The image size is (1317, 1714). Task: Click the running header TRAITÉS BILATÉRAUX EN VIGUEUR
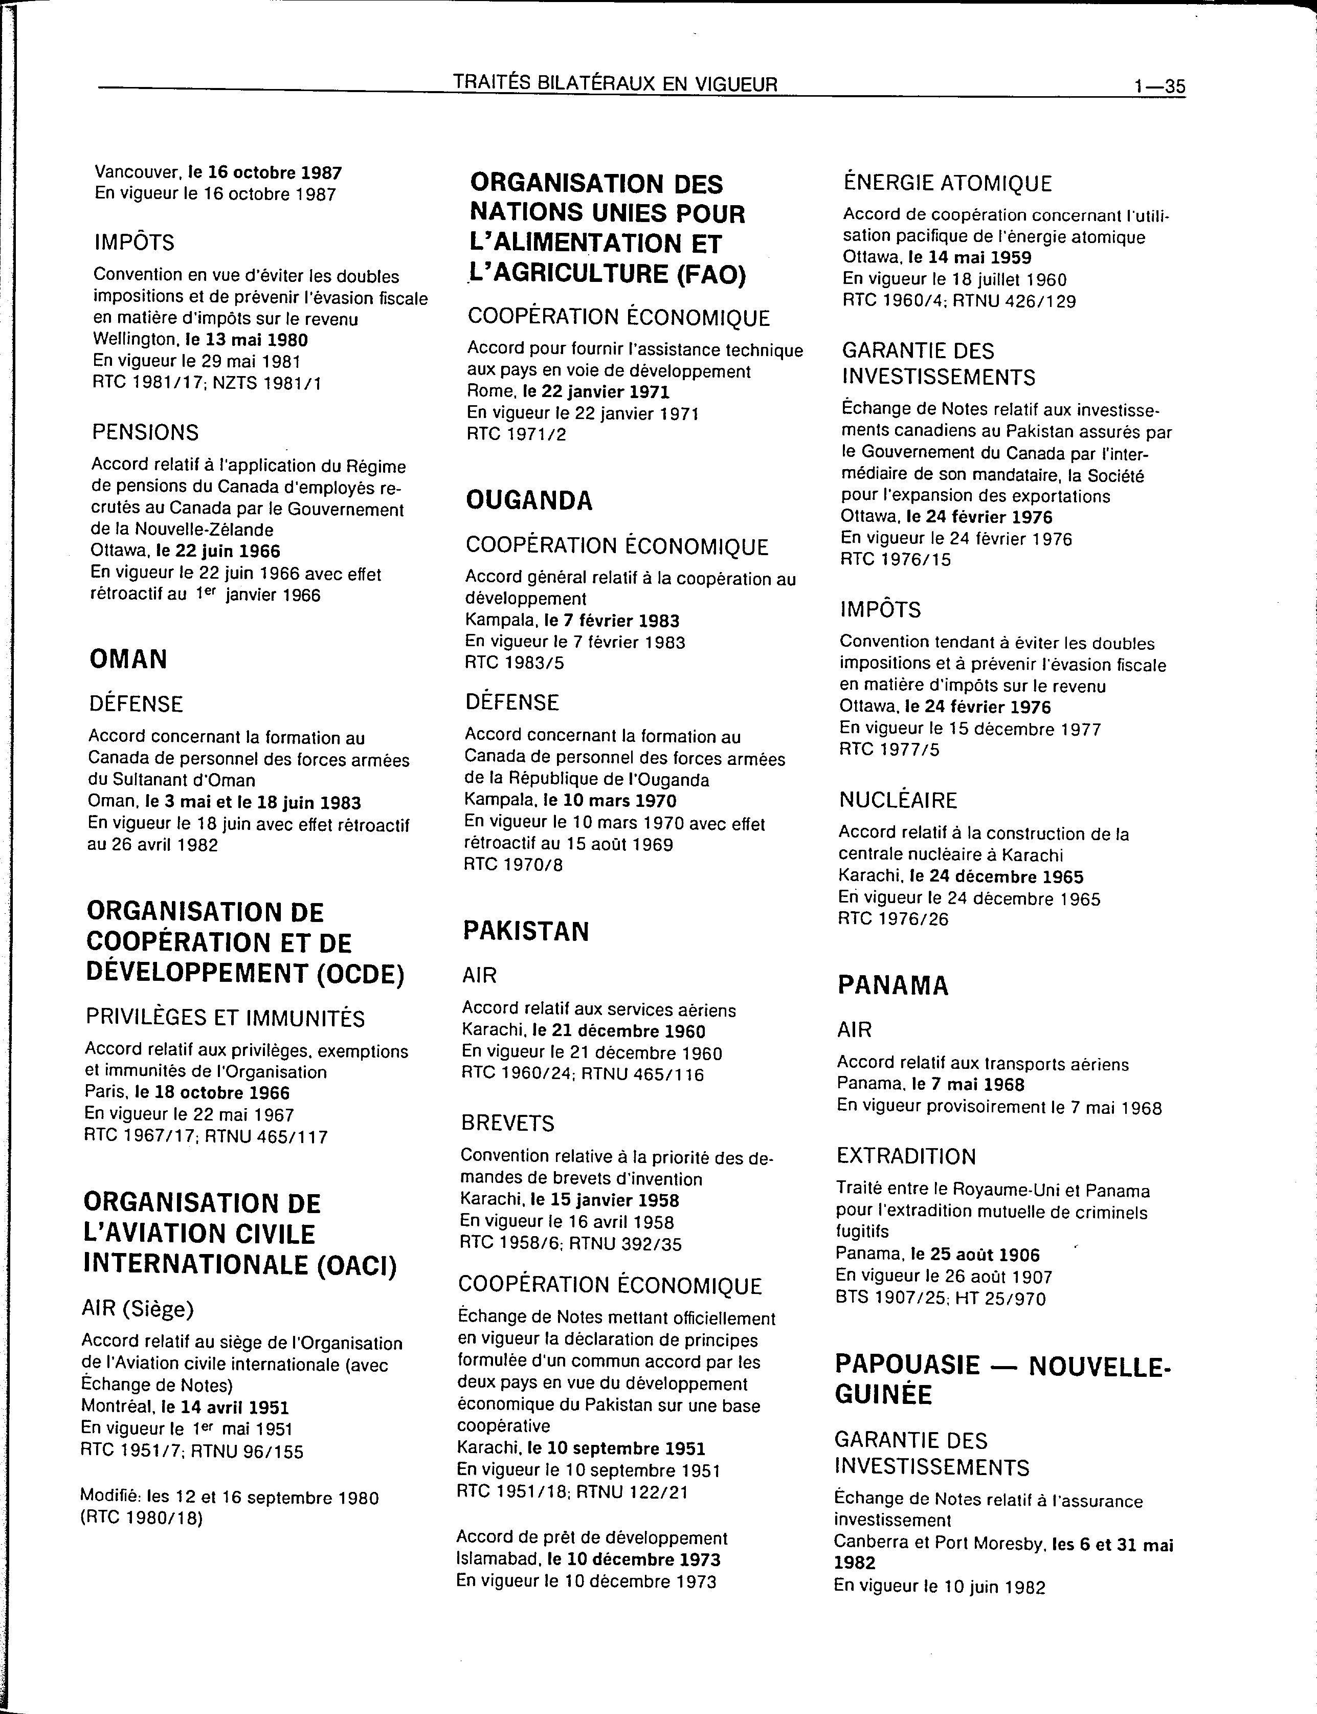tap(615, 84)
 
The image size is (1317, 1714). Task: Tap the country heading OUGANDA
tap(529, 500)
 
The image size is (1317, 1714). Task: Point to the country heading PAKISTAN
tap(525, 931)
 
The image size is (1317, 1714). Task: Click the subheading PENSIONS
tap(145, 432)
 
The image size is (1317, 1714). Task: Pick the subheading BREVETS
tap(507, 1123)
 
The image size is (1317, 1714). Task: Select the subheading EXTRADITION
tap(906, 1156)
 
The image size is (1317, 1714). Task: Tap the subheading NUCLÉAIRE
tap(899, 801)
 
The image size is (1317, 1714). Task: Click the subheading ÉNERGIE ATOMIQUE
tap(947, 184)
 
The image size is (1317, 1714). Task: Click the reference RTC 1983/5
tap(514, 663)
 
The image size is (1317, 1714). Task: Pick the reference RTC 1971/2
tap(516, 433)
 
